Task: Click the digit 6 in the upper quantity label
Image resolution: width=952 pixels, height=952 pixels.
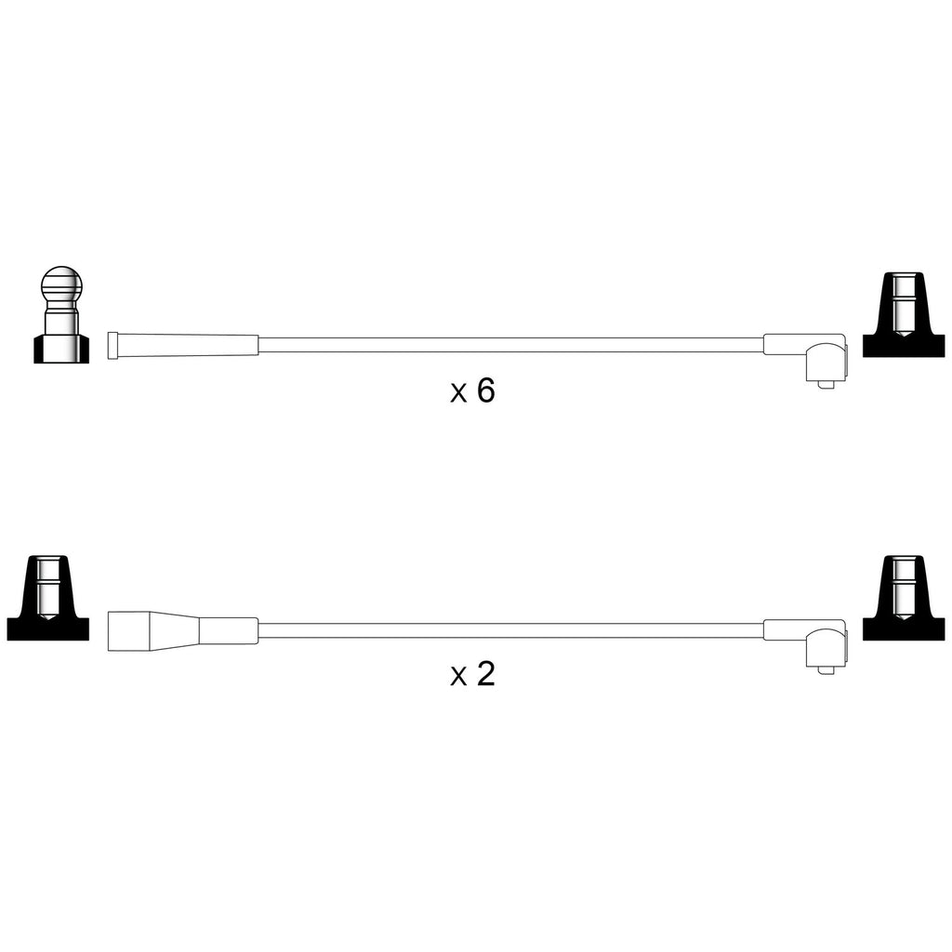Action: [485, 390]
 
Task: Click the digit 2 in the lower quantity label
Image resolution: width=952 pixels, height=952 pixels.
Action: [486, 674]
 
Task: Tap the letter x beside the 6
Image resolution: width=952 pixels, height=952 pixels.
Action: [458, 394]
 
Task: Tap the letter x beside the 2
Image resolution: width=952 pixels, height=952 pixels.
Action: [458, 678]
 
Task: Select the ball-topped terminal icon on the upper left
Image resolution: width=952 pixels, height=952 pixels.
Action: [61, 314]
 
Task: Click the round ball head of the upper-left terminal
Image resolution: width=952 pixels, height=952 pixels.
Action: [61, 284]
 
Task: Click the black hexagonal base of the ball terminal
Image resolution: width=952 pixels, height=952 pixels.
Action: [61, 350]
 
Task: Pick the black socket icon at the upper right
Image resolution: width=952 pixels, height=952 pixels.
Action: [904, 314]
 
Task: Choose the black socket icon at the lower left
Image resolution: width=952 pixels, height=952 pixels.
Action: [48, 598]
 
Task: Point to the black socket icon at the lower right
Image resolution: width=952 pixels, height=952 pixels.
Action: [904, 598]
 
